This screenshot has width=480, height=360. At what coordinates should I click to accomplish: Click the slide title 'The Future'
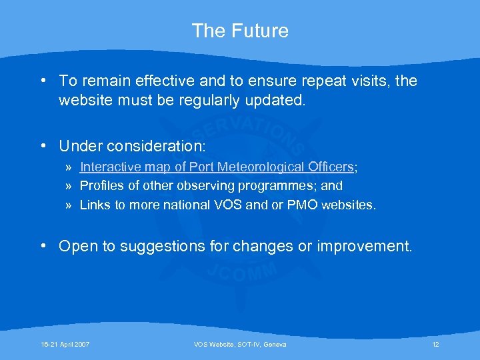240,31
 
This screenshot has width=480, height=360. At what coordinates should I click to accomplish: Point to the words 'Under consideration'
132,145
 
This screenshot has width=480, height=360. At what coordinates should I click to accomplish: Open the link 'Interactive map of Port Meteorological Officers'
216,167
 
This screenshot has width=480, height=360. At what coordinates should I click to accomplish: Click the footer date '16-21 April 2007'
65,344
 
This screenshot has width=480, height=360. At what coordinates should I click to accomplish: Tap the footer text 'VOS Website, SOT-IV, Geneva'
240,344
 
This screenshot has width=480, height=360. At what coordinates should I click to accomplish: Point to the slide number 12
435,344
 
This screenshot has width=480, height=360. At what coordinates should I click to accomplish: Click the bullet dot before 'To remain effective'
43,81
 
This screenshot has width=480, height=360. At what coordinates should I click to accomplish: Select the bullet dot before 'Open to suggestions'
43,247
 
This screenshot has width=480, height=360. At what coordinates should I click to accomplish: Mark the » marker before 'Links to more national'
69,205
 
